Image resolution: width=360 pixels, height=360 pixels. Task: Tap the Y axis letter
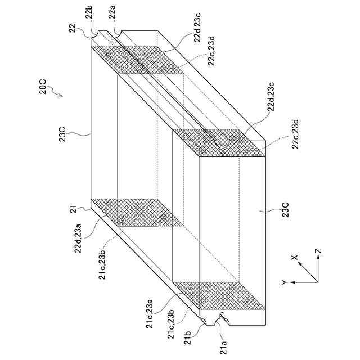click(285, 281)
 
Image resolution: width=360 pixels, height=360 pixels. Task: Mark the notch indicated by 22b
click(101, 33)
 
